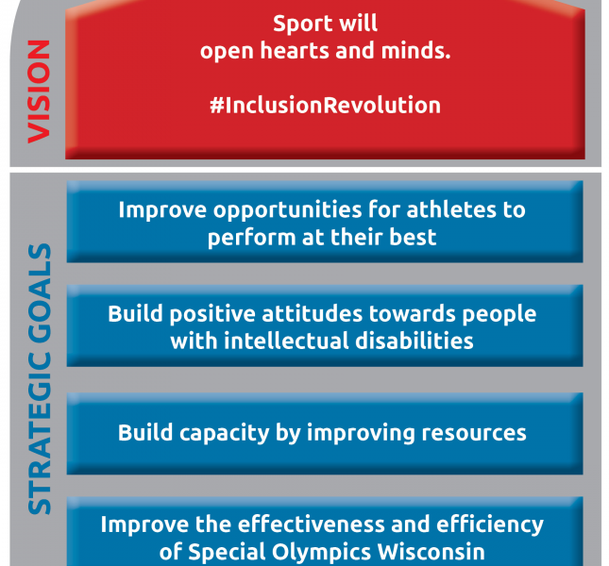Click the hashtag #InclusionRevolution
[x=326, y=105]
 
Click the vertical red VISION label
[x=40, y=92]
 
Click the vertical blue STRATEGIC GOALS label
[x=40, y=378]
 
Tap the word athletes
[x=451, y=209]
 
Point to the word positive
[x=212, y=315]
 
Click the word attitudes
[x=313, y=314]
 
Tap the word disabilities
[x=414, y=341]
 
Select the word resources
[x=474, y=433]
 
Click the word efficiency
[x=490, y=525]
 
